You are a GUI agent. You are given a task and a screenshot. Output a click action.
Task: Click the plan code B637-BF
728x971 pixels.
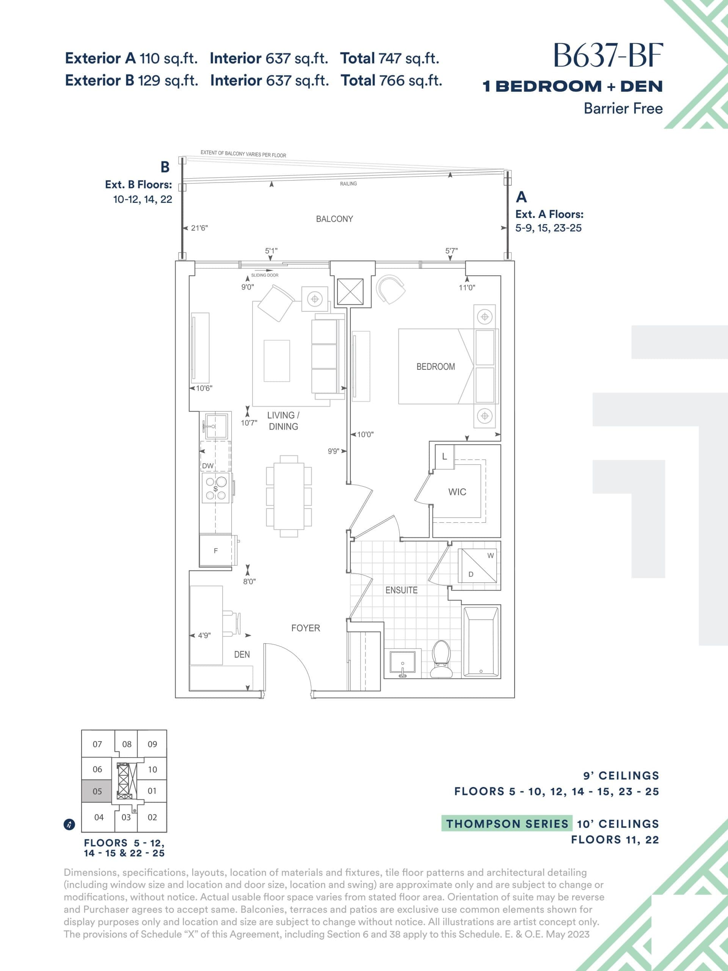(x=608, y=56)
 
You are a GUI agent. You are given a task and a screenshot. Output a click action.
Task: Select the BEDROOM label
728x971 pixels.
(x=435, y=366)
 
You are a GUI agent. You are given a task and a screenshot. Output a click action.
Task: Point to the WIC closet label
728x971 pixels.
(x=457, y=492)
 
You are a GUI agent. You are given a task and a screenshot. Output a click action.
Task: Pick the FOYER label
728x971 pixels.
(x=305, y=628)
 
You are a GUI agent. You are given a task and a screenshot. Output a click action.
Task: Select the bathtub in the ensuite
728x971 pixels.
(x=481, y=641)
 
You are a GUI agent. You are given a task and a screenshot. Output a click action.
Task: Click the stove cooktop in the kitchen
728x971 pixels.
(x=215, y=488)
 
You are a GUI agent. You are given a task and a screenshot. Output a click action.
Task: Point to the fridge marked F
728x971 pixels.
(x=215, y=551)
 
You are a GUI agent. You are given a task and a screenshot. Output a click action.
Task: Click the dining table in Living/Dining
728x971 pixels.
(x=289, y=496)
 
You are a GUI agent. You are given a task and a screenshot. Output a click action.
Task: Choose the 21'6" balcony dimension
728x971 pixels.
(x=199, y=228)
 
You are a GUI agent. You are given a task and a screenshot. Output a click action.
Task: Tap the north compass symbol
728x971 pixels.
(x=69, y=825)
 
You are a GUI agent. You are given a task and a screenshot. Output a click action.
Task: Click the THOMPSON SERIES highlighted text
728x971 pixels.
(x=507, y=824)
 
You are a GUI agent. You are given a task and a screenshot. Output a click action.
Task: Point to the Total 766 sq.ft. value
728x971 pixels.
(x=391, y=81)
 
